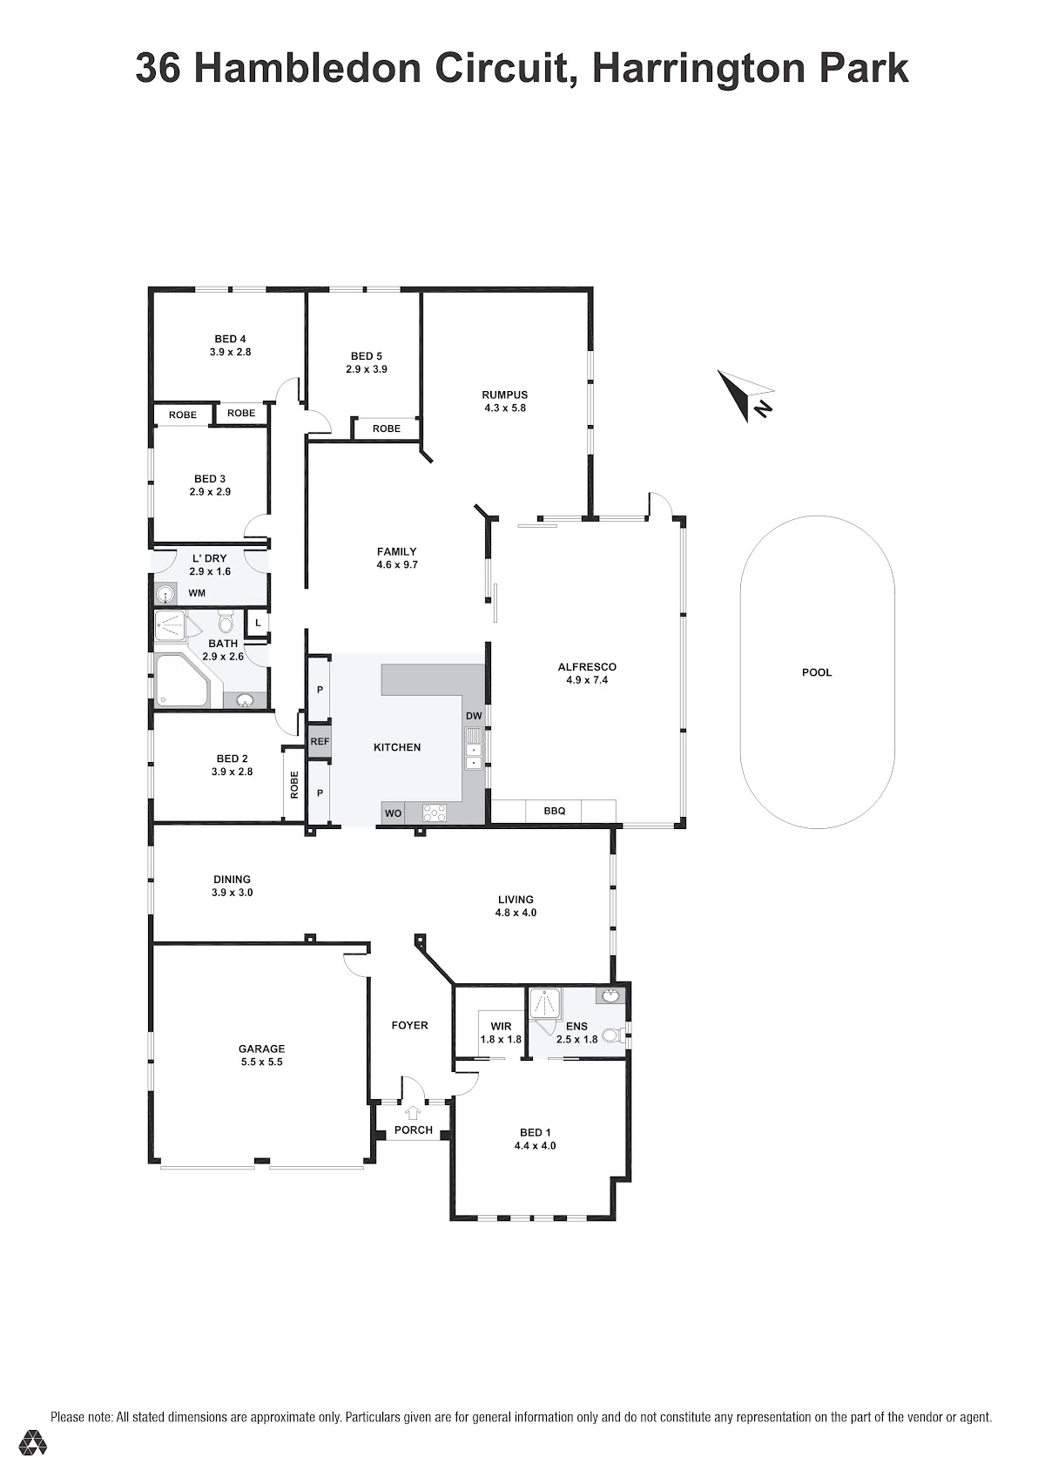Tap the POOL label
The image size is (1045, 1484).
tap(816, 671)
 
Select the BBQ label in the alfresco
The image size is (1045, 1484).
tap(554, 810)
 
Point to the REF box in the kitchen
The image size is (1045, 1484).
tap(320, 742)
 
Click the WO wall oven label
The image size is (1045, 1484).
tap(393, 813)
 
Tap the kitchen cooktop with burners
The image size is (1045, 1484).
tap(435, 813)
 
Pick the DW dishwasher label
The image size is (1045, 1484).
tap(474, 716)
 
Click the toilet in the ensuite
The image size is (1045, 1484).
tap(614, 1035)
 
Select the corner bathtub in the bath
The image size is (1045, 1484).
tap(181, 680)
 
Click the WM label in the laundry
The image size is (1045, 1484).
tap(197, 593)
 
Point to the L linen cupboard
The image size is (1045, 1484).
tap(257, 623)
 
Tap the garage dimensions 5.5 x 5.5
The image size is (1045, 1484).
tap(262, 1062)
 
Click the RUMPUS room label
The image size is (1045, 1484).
tap(505, 395)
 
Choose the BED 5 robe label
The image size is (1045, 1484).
tap(387, 428)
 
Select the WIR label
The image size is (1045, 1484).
tap(501, 1026)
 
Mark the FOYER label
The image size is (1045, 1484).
tap(409, 1025)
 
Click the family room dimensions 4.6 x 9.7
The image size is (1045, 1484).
tap(397, 564)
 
